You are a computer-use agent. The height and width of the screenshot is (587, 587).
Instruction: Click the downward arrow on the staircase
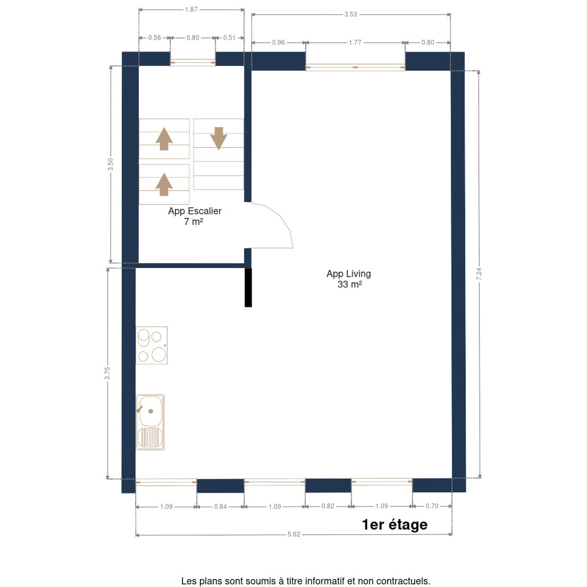[218, 138]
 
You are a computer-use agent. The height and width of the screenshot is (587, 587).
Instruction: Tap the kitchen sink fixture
[150, 422]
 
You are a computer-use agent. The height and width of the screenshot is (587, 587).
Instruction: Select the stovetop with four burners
[151, 345]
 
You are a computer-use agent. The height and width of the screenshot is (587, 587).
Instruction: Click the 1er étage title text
[395, 524]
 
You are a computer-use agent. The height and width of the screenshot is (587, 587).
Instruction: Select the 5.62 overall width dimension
[293, 534]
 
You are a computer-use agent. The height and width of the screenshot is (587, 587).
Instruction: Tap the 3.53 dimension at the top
[351, 14]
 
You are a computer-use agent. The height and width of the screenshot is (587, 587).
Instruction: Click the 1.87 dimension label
[191, 10]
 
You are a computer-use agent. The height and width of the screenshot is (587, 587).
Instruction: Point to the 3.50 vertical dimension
[111, 164]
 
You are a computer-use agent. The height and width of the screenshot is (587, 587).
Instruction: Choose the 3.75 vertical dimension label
[107, 373]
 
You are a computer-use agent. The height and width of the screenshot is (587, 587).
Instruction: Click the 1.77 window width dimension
[355, 43]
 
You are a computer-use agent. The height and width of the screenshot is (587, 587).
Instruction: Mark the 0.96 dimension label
[278, 43]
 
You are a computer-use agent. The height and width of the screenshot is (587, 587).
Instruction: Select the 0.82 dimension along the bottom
[328, 506]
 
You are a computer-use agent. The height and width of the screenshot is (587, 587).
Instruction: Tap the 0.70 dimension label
[432, 506]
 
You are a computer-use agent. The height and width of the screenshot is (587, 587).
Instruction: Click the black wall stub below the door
[248, 288]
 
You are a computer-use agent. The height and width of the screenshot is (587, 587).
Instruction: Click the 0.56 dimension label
[155, 38]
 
